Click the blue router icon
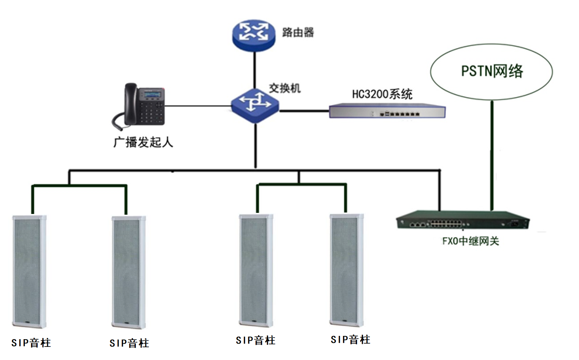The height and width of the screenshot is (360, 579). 254,35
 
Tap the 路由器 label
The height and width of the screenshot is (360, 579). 298,32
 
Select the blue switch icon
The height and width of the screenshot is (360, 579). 255,105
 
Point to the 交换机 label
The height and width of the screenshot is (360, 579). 285,88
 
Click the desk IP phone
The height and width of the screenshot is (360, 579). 142,106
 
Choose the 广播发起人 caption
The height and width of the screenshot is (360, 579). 143,142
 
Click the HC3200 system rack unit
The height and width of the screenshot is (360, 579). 387,111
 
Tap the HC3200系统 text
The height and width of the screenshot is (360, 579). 382,94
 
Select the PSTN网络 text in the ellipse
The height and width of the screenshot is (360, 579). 492,71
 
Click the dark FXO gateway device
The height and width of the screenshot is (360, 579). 463,220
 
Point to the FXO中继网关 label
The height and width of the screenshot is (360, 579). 470,241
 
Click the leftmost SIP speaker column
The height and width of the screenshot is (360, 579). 29,272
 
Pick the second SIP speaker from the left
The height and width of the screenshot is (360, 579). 129,272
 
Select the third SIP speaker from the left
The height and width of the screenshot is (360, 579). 256,270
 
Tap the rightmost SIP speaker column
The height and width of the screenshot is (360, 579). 346,270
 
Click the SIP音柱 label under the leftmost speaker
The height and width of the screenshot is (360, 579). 31,343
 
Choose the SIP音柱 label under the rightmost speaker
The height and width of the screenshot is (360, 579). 350,340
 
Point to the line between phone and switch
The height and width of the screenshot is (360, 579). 197,106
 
